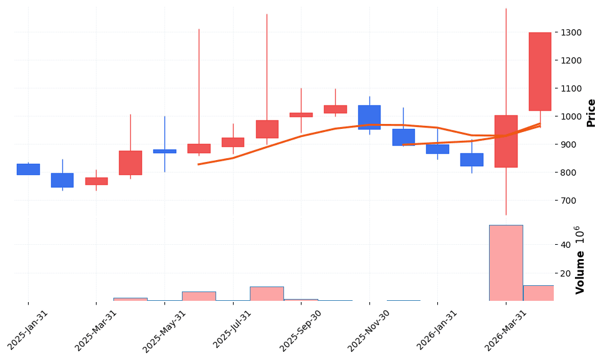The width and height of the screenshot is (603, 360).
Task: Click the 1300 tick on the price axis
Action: [x=571, y=32]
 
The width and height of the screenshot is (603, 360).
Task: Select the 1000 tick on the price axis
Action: [x=571, y=116]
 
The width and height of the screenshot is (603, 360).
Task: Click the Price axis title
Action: [x=591, y=113]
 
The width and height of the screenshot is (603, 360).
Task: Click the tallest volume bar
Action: [x=506, y=263]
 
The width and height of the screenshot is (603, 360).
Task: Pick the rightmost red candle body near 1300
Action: [x=539, y=72]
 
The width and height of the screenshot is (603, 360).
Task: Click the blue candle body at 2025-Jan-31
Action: [x=28, y=169]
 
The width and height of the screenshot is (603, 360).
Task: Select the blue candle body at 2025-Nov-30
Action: [x=369, y=117]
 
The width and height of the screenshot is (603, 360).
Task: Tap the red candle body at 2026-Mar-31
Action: [x=506, y=141]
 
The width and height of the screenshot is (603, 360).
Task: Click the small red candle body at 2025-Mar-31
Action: [x=96, y=181]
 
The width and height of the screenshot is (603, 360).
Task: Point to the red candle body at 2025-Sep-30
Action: [x=301, y=115]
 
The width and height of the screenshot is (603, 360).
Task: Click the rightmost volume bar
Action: [x=538, y=293]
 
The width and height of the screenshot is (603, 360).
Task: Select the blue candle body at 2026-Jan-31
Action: [x=437, y=149]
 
